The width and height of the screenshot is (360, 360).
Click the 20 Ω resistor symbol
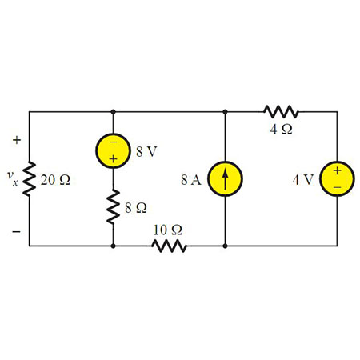point(29,179)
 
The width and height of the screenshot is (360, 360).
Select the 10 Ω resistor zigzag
point(170,246)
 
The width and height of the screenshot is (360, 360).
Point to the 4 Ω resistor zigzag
point(281,111)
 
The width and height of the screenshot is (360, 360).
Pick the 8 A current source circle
point(226,178)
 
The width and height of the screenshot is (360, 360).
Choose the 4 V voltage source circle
point(336,178)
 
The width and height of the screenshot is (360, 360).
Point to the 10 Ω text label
point(168,230)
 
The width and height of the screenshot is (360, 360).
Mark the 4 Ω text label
point(281,130)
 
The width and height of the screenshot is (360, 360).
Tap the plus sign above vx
point(14,141)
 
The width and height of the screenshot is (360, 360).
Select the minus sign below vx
point(14,233)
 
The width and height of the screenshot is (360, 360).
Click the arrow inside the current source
point(226,178)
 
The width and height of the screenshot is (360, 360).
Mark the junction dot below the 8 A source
point(226,246)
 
